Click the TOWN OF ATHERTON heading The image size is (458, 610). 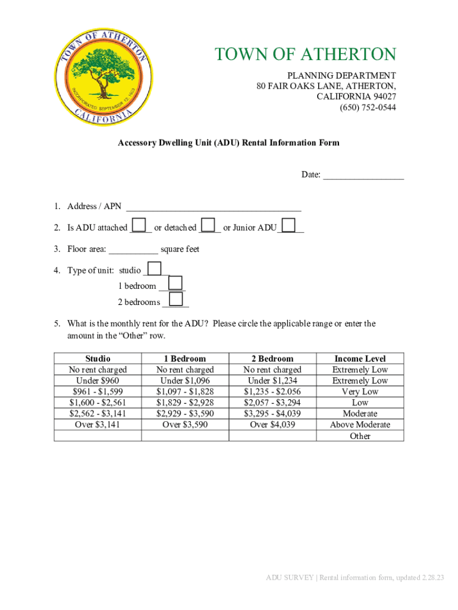305,55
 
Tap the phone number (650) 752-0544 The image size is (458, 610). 368,108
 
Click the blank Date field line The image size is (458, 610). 363,175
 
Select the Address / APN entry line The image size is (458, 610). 214,207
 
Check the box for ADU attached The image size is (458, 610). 139,225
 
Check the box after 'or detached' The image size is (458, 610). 208,225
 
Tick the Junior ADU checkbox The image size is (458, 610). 288,225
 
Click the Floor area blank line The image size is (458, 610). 134,250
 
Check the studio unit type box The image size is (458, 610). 153,268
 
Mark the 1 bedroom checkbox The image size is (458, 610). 176,284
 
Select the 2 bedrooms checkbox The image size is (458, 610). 176,299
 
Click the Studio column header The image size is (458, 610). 98,359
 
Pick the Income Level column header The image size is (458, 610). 360,359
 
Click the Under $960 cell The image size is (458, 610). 98,381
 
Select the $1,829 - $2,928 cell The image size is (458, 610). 185,403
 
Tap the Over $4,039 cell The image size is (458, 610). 272,425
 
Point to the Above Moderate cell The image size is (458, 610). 360,425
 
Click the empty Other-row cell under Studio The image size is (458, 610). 98,436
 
